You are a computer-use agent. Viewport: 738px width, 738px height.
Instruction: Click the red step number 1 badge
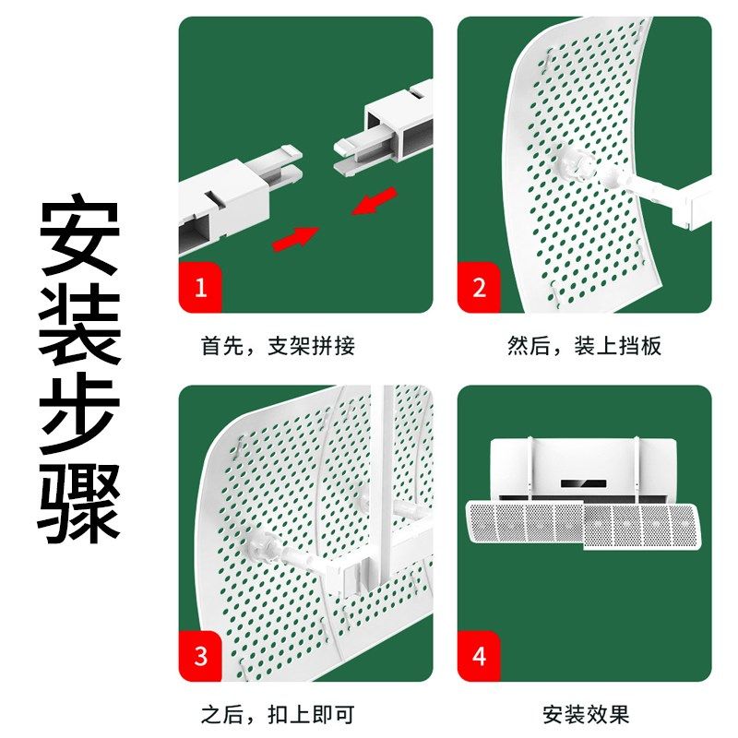pyautogui.click(x=200, y=289)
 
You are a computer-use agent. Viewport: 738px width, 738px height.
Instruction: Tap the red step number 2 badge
pyautogui.click(x=479, y=289)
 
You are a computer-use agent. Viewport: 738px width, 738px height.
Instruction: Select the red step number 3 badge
pyautogui.click(x=200, y=657)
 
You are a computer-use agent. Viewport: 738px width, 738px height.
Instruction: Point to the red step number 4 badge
pyautogui.click(x=479, y=657)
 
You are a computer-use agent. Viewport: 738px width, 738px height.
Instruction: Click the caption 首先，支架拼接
pyautogui.click(x=278, y=347)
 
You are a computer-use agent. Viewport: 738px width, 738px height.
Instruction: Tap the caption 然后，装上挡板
pyautogui.click(x=584, y=347)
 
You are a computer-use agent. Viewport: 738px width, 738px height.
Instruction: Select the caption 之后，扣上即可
pyautogui.click(x=278, y=715)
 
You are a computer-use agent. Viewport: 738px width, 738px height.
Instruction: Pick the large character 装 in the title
pyautogui.click(x=79, y=324)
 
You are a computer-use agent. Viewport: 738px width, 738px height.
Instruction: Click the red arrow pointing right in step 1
pyautogui.click(x=293, y=238)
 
